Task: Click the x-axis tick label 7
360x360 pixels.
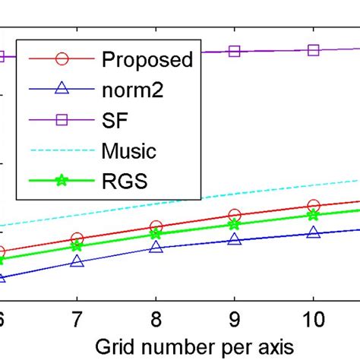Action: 77,318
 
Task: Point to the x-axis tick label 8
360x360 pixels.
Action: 156,318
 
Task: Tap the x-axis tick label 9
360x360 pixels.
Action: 235,318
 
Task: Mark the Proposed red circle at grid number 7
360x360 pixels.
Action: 77,238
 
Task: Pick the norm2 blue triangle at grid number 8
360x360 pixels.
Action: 156,247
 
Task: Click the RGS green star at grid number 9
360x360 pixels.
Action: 235,224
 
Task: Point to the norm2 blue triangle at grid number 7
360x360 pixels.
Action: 77,261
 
